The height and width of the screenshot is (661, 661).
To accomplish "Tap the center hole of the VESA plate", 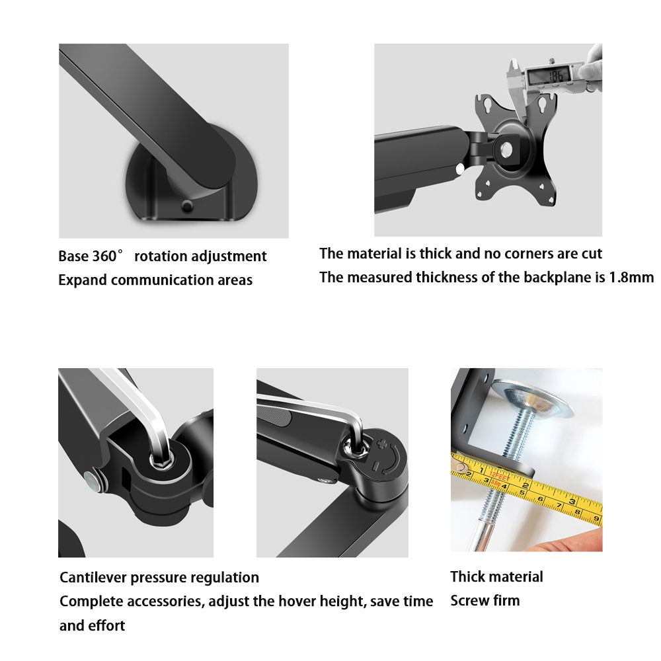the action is pos(506,149).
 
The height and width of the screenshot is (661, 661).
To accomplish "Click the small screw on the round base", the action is pos(187,206).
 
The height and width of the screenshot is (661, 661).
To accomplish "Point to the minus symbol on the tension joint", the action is pos(375,466).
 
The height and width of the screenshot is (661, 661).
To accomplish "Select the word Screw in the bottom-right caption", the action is pos(469,600).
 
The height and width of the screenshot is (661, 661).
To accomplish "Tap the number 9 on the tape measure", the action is pos(596,518).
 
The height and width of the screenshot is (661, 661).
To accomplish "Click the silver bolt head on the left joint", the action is pos(91,482).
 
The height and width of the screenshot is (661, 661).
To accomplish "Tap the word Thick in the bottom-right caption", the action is pos(469,576).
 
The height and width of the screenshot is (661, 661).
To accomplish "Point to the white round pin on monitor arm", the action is pos(460,169).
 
